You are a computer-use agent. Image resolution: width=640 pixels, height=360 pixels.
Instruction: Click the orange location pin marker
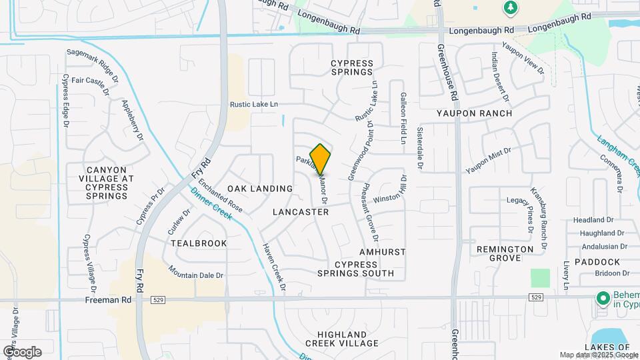[x=320, y=159]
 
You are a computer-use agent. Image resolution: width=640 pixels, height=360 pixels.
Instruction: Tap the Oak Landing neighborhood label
[x=259, y=189]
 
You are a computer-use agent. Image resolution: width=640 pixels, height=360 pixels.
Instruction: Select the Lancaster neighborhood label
[x=301, y=212]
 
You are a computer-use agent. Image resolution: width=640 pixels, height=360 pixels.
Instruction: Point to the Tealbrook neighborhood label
[x=199, y=243]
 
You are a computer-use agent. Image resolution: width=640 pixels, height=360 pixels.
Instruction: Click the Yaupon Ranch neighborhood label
[x=474, y=113]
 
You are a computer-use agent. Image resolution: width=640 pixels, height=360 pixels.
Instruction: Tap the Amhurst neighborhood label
[x=382, y=253]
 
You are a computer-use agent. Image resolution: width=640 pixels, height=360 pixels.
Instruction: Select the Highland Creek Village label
[x=342, y=339]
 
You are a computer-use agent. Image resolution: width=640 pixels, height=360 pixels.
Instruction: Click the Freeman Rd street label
[x=107, y=300]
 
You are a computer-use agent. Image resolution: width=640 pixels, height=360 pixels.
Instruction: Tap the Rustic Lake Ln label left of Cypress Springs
[x=253, y=105]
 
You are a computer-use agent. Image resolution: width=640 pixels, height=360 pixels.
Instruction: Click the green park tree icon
[x=511, y=7]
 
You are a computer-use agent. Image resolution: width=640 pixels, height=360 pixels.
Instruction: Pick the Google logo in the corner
[x=22, y=351]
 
